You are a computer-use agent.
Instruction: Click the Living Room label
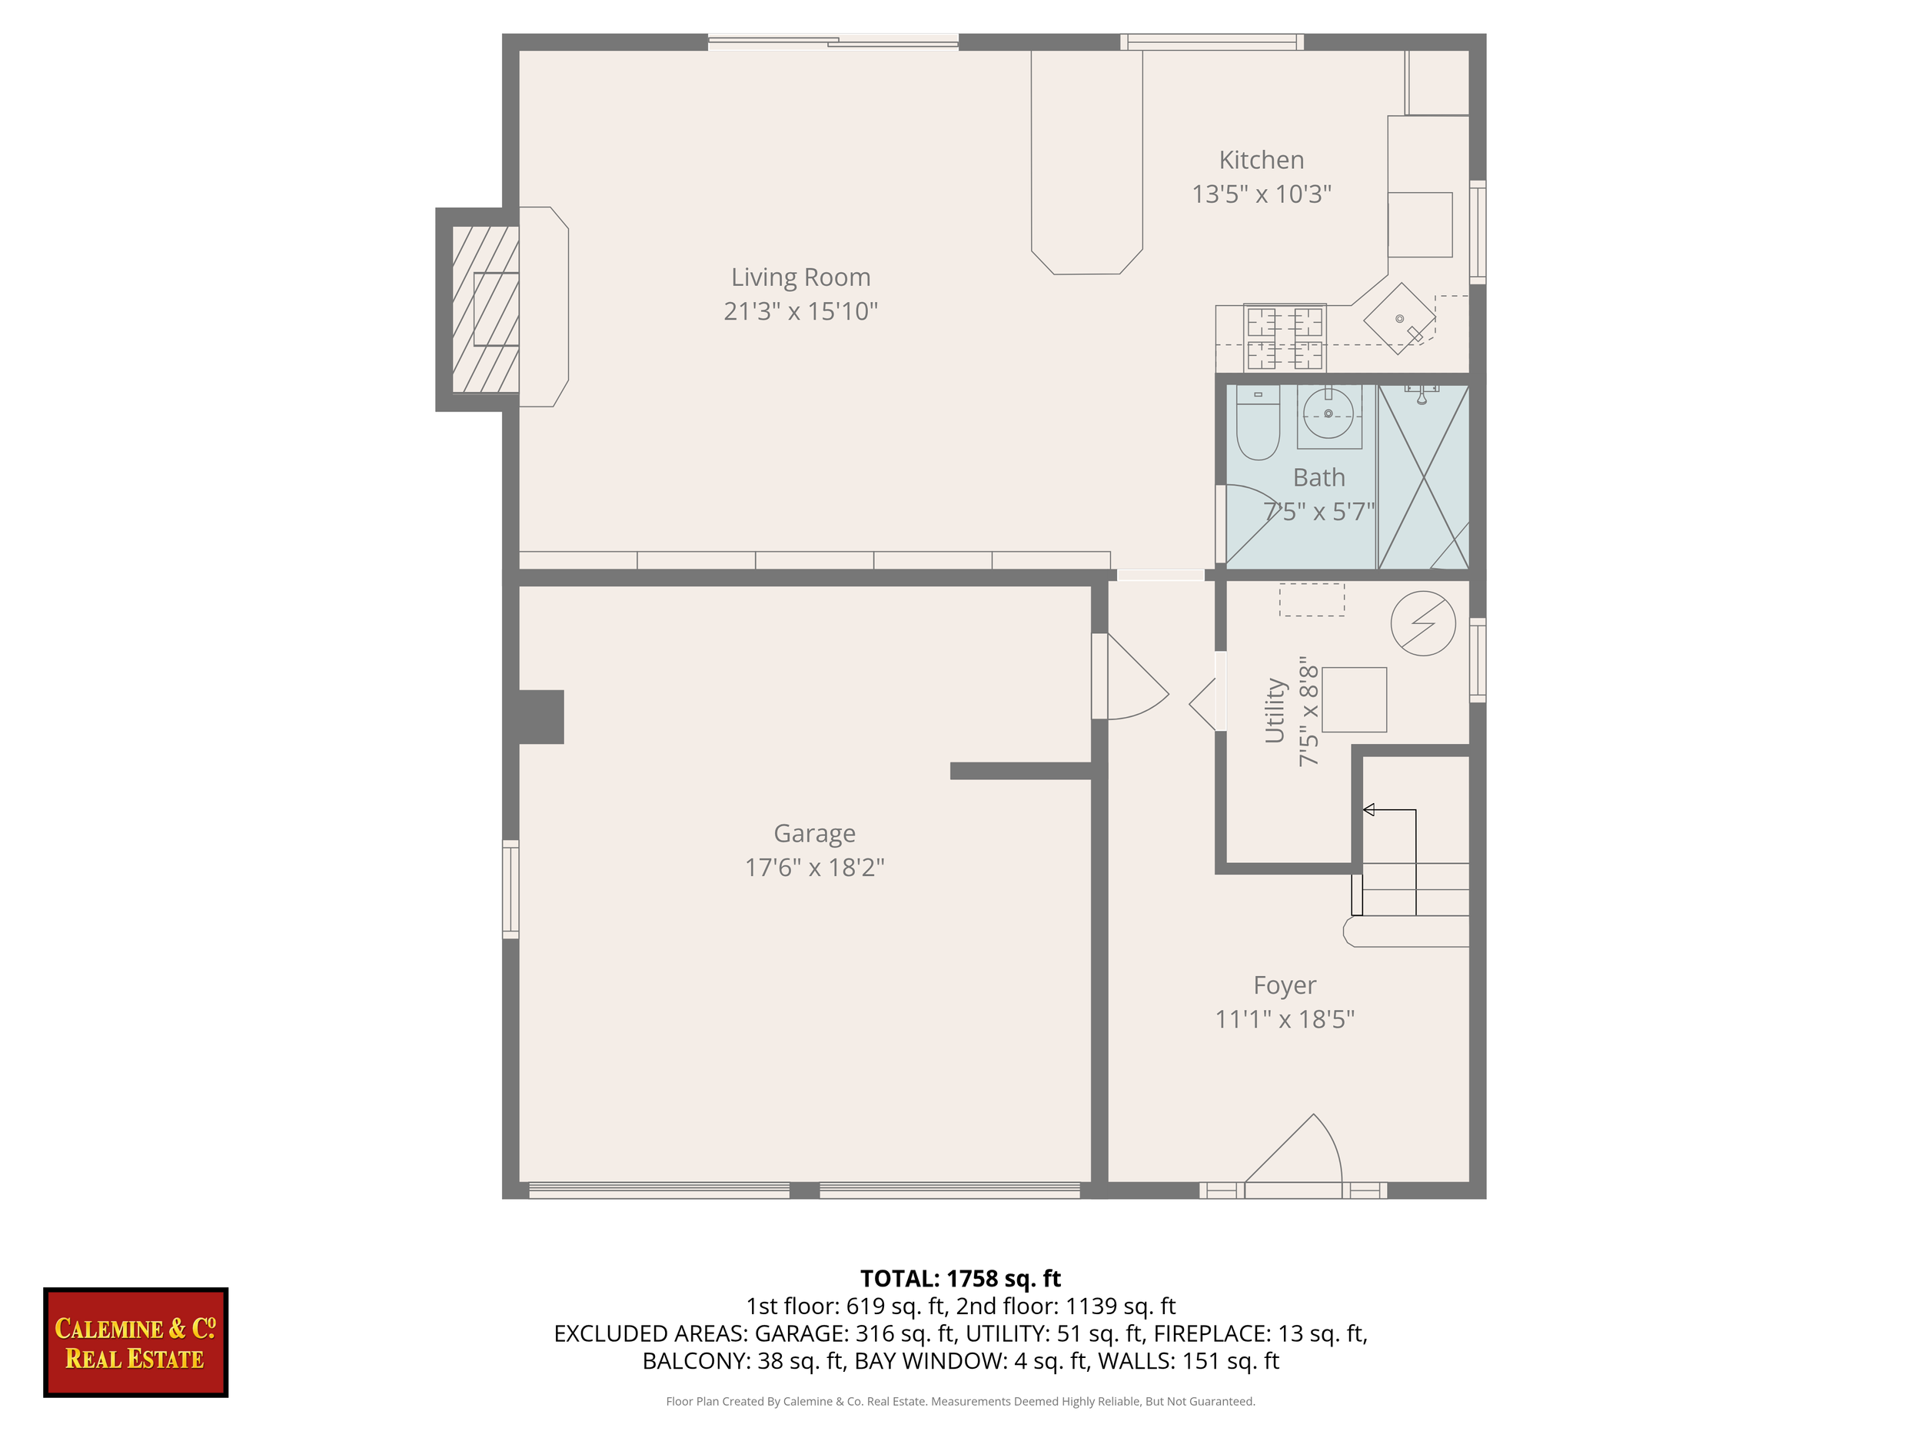coord(800,277)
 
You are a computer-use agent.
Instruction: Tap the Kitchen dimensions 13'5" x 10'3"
coord(1261,194)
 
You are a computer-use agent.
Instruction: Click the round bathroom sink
coord(1328,413)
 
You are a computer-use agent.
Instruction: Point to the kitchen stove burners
coord(1284,337)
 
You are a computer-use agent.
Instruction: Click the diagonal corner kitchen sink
coord(1399,319)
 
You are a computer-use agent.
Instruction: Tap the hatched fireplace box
coord(486,309)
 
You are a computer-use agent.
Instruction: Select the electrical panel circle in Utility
coord(1422,623)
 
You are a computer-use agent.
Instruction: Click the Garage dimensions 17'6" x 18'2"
coord(814,867)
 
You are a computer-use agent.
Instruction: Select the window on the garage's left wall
coord(511,888)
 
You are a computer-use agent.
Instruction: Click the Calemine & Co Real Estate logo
coord(135,1342)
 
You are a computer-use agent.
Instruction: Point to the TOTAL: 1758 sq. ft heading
coord(960,1279)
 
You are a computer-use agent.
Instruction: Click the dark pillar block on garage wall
coord(540,716)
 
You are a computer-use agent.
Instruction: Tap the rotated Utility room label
coord(1274,711)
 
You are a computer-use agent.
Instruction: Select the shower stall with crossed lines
coord(1423,478)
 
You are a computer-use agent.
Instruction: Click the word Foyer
coord(1284,985)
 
